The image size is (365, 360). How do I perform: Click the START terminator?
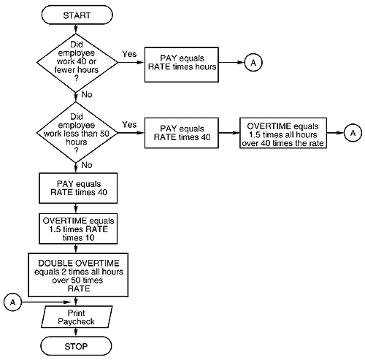[77, 14]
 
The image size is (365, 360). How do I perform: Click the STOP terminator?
[77, 345]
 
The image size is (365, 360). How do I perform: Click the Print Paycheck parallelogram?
[77, 315]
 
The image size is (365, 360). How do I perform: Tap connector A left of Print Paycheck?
[12, 300]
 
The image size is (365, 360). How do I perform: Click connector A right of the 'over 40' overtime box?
[353, 133]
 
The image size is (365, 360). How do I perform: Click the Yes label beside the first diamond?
[129, 54]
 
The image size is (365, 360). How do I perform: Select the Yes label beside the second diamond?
[131, 125]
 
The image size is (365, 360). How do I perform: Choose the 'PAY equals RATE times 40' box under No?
[77, 190]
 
